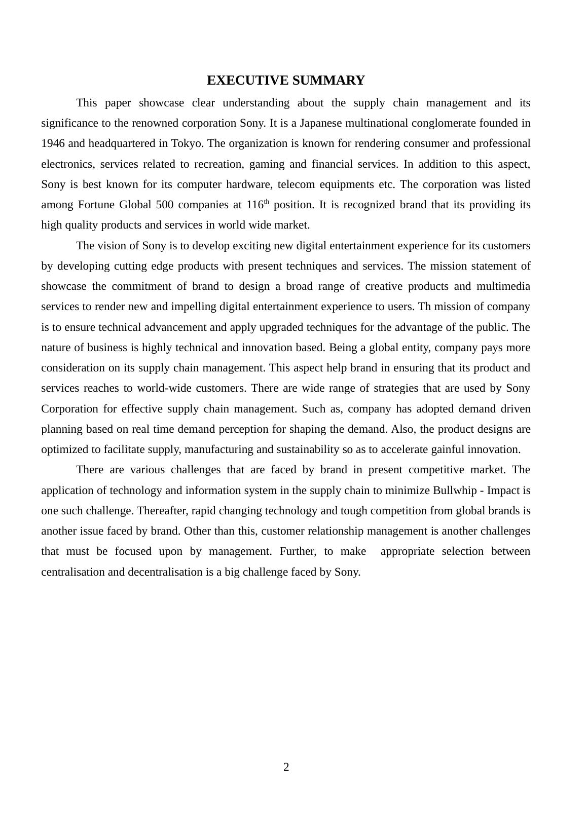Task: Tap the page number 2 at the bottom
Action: [286, 767]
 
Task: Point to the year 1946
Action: [53, 143]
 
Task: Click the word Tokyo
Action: [187, 143]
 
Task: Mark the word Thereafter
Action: [162, 511]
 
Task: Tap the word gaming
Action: [266, 164]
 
